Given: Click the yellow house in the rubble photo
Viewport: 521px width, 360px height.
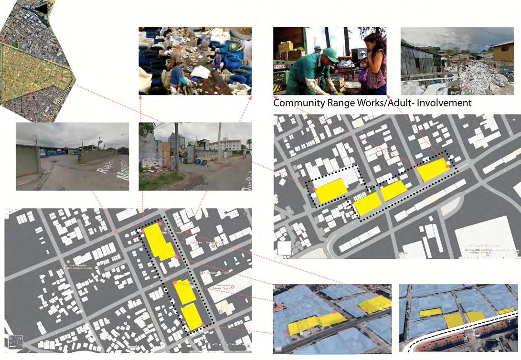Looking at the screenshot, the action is [x=502, y=52].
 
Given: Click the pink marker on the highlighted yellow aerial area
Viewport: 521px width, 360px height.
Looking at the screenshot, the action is [x=58, y=77].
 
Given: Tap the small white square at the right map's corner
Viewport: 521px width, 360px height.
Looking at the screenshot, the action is [x=284, y=248].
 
